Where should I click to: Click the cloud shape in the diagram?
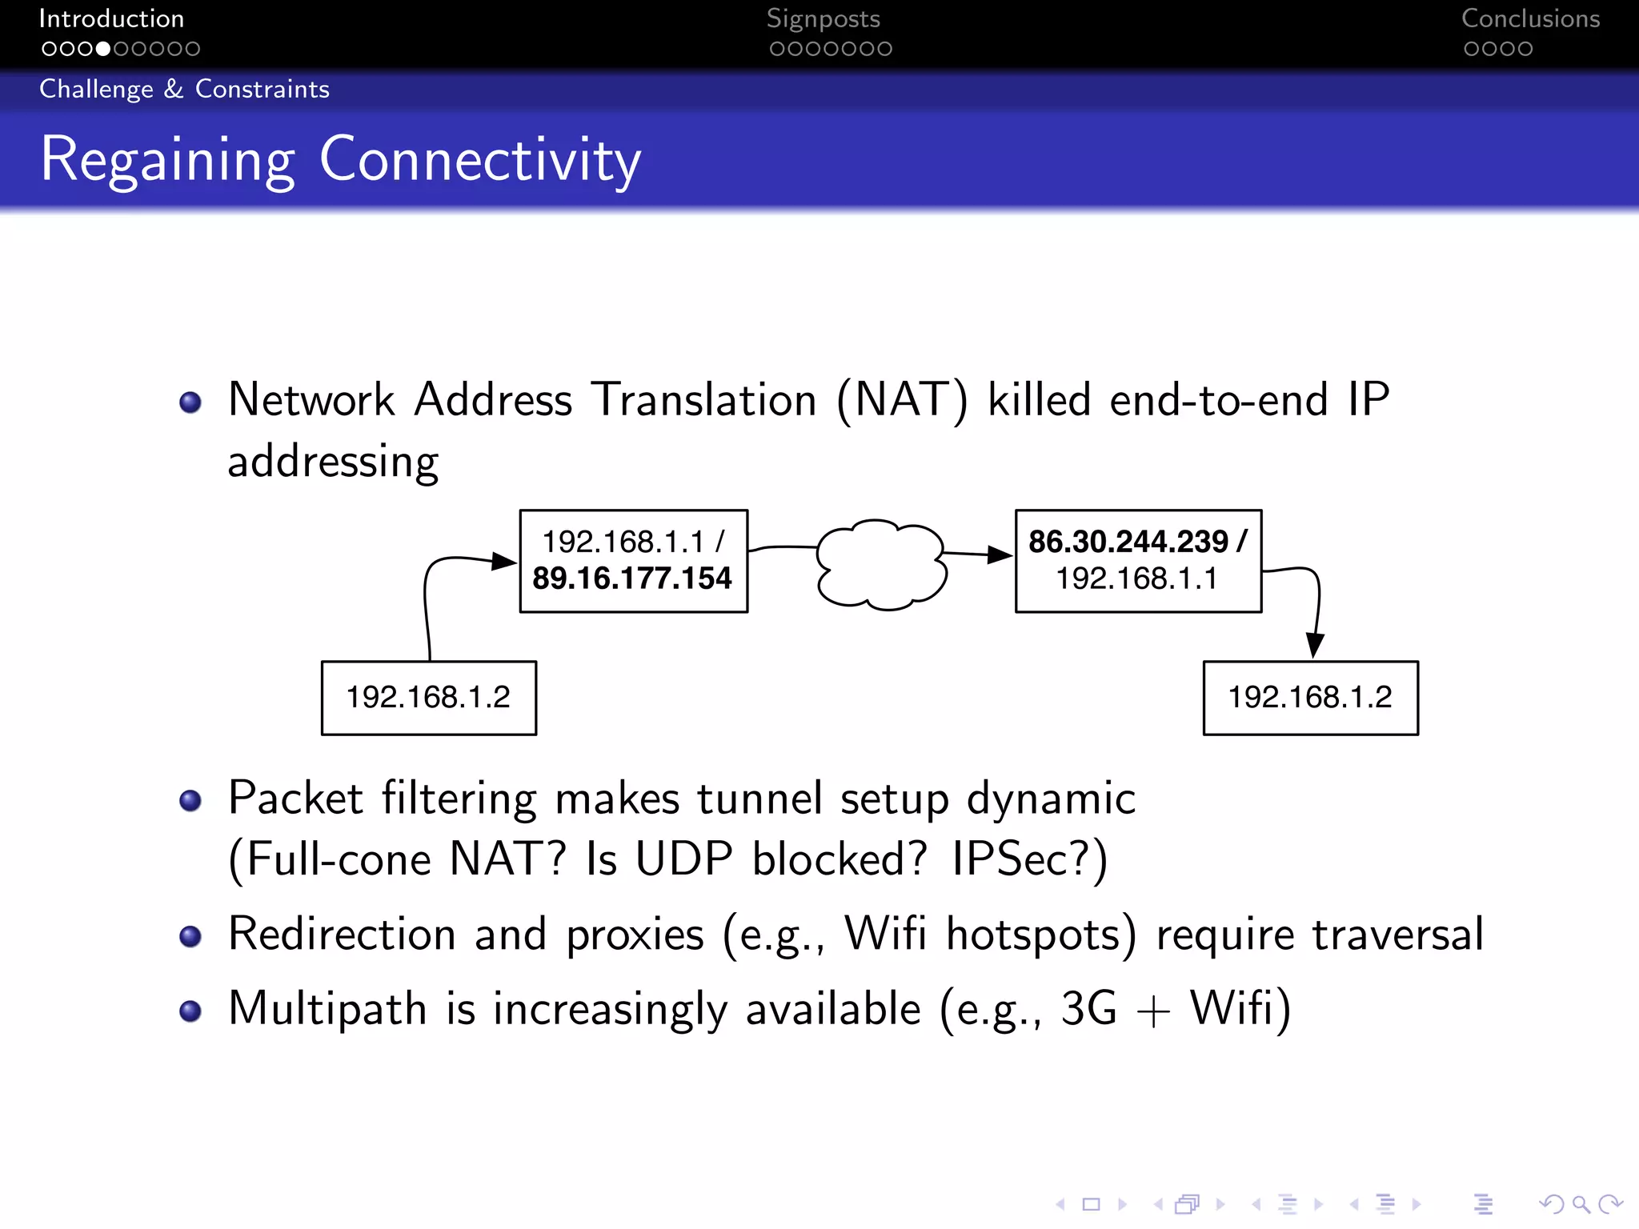click(880, 564)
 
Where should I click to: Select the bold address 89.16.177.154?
click(632, 578)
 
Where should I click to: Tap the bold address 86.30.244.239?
click(1128, 542)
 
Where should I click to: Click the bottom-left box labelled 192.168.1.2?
click(429, 698)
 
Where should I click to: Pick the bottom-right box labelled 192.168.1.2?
click(1311, 698)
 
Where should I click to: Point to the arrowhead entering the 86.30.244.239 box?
click(1000, 554)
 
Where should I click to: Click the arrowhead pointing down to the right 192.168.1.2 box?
click(1314, 644)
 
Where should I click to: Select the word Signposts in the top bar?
click(823, 18)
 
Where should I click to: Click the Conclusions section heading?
click(1530, 18)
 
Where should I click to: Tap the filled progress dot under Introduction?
click(103, 49)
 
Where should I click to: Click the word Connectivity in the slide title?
click(480, 160)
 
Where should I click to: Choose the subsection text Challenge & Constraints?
click(184, 89)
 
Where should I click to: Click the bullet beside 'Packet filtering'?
click(190, 800)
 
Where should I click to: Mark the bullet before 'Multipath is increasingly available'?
click(190, 1011)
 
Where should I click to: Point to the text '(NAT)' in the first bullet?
click(902, 400)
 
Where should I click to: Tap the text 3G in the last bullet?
click(1088, 1008)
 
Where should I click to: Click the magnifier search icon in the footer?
click(1581, 1204)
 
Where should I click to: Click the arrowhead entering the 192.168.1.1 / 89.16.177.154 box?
click(504, 561)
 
